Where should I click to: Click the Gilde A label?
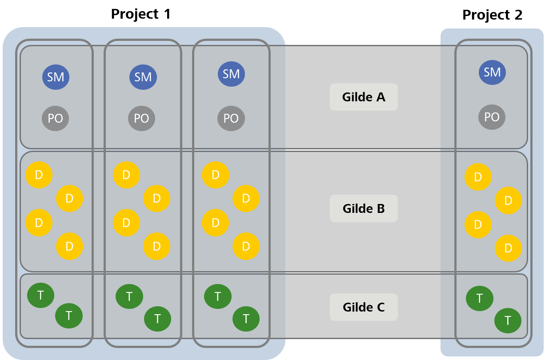click(x=364, y=97)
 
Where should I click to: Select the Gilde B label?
click(x=364, y=208)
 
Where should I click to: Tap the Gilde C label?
click(x=364, y=307)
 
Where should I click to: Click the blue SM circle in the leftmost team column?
click(x=56, y=77)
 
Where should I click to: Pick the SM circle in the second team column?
click(x=143, y=77)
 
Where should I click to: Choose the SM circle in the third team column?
click(x=231, y=74)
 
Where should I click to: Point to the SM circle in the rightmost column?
click(x=492, y=72)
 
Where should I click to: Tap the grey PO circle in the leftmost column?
click(x=56, y=118)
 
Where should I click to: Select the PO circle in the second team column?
click(x=141, y=118)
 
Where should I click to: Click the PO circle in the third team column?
click(x=231, y=118)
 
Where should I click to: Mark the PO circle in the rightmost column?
click(x=492, y=117)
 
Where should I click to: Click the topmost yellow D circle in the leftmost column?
click(x=39, y=175)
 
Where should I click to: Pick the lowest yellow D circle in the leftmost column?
click(x=69, y=246)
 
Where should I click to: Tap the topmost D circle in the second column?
click(x=126, y=175)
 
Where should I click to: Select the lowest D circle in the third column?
click(x=246, y=246)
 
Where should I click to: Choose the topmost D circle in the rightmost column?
click(x=478, y=177)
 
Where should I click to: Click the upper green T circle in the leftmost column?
click(x=40, y=295)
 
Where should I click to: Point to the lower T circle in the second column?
click(x=157, y=319)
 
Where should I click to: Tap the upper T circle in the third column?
click(x=218, y=296)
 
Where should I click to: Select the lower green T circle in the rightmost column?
click(x=508, y=320)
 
